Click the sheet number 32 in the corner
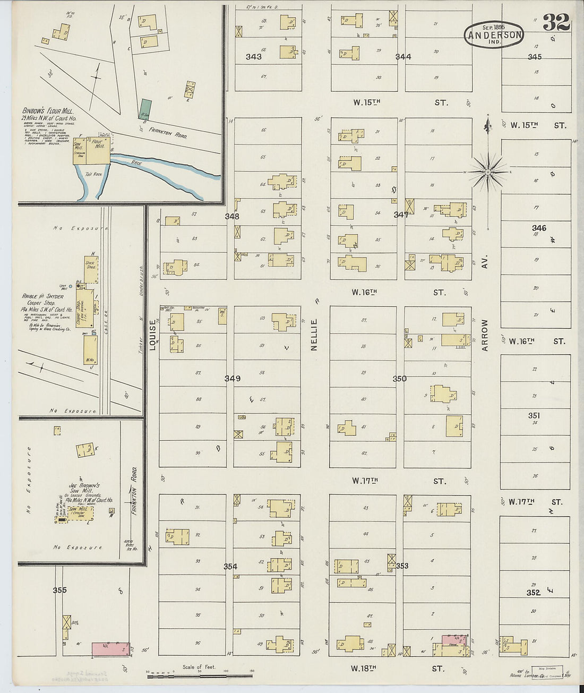pos(556,23)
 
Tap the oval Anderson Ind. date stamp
pos(494,34)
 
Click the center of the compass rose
pos(488,172)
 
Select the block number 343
pos(253,57)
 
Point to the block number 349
pos(232,379)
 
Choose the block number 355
pos(59,590)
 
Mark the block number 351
pos(534,416)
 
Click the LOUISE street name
pos(153,335)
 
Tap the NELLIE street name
pos(314,334)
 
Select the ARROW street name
pos(484,335)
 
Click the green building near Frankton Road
pos(145,109)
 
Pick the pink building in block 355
pos(110,649)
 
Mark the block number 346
pos(539,228)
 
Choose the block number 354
pos(230,567)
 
